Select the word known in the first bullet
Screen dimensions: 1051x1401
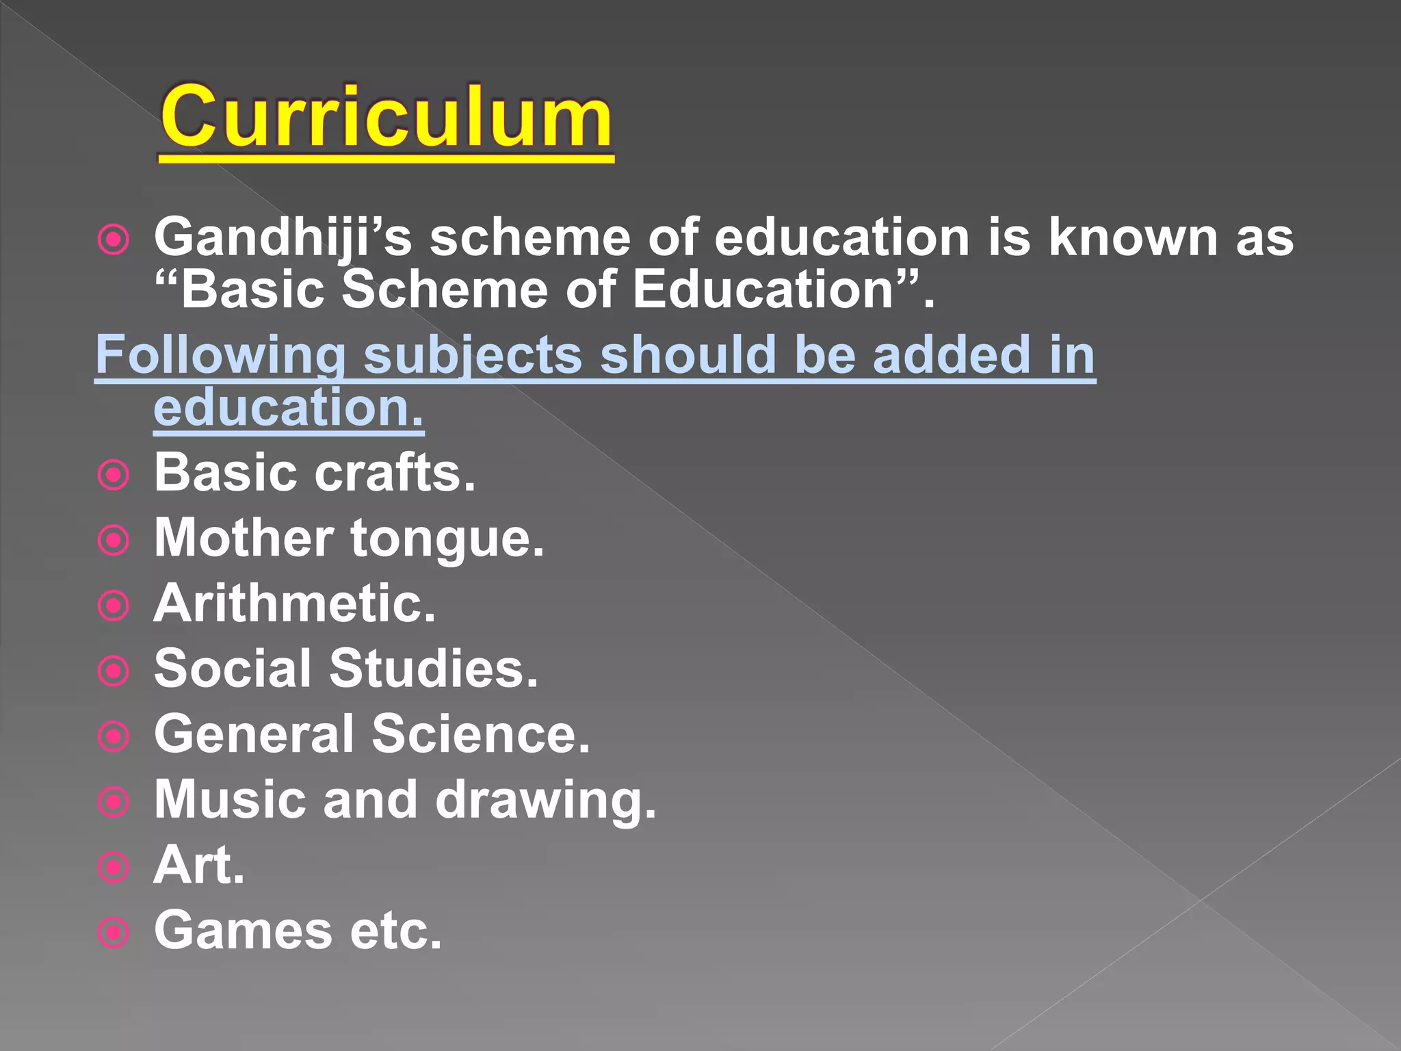(1133, 237)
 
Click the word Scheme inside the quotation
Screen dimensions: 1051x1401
(445, 289)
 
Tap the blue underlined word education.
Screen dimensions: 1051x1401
(288, 408)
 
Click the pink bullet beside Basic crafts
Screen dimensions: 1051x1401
(114, 475)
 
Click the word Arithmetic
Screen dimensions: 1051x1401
(295, 604)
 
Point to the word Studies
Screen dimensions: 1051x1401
(434, 669)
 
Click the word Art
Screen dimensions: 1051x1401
(198, 865)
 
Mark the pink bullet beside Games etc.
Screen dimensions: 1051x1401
(114, 933)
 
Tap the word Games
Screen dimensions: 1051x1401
(243, 931)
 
